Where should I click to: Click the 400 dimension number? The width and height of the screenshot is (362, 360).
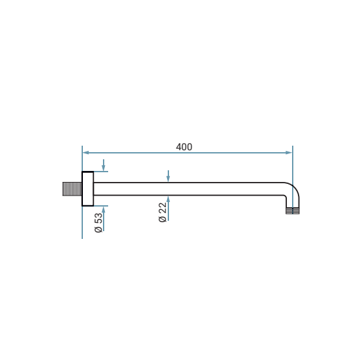(x=184, y=147)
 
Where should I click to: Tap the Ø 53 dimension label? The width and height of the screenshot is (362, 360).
(x=98, y=223)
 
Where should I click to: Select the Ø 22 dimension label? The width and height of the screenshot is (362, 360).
(x=163, y=212)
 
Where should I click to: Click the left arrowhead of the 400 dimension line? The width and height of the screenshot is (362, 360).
(x=86, y=153)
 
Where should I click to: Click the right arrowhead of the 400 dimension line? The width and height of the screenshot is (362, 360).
(x=289, y=153)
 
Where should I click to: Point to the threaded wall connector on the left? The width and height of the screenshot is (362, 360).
(x=72, y=189)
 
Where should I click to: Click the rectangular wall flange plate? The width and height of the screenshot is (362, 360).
(x=87, y=189)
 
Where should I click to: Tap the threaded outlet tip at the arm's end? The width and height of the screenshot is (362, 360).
(x=293, y=211)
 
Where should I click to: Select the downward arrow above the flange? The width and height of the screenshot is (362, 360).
(x=104, y=165)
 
